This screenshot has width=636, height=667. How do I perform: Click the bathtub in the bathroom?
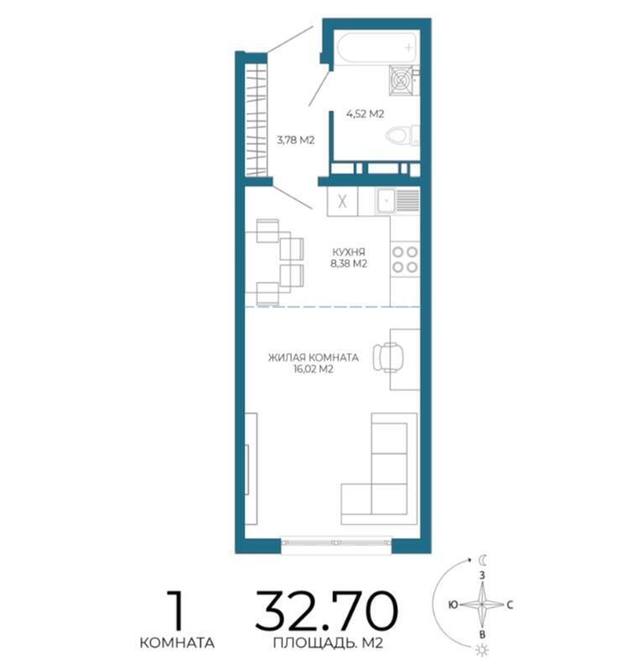click(x=377, y=48)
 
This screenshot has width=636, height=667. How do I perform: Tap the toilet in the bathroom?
click(x=403, y=136)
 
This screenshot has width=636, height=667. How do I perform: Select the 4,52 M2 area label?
click(x=365, y=114)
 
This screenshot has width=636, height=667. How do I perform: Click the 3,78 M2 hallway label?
click(x=295, y=140)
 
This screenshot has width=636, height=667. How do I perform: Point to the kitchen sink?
click(x=398, y=201)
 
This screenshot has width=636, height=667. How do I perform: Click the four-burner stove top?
click(x=405, y=259)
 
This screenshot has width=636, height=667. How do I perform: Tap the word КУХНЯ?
click(x=349, y=252)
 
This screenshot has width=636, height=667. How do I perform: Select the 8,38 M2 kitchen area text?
click(x=349, y=263)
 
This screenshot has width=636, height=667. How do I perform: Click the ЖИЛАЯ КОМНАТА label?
click(x=313, y=357)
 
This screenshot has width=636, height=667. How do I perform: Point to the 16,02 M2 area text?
click(x=313, y=369)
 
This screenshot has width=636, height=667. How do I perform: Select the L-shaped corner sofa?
click(x=379, y=468)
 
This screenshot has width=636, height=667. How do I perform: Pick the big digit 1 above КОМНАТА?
click(x=176, y=610)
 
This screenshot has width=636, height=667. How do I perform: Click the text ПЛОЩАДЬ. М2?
click(x=328, y=643)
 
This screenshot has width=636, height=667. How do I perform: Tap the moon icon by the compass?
click(x=482, y=559)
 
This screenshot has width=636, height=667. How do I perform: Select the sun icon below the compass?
click(x=482, y=650)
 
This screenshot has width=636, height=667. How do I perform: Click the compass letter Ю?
click(x=453, y=604)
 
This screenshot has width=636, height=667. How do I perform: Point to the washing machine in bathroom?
click(x=402, y=80)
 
